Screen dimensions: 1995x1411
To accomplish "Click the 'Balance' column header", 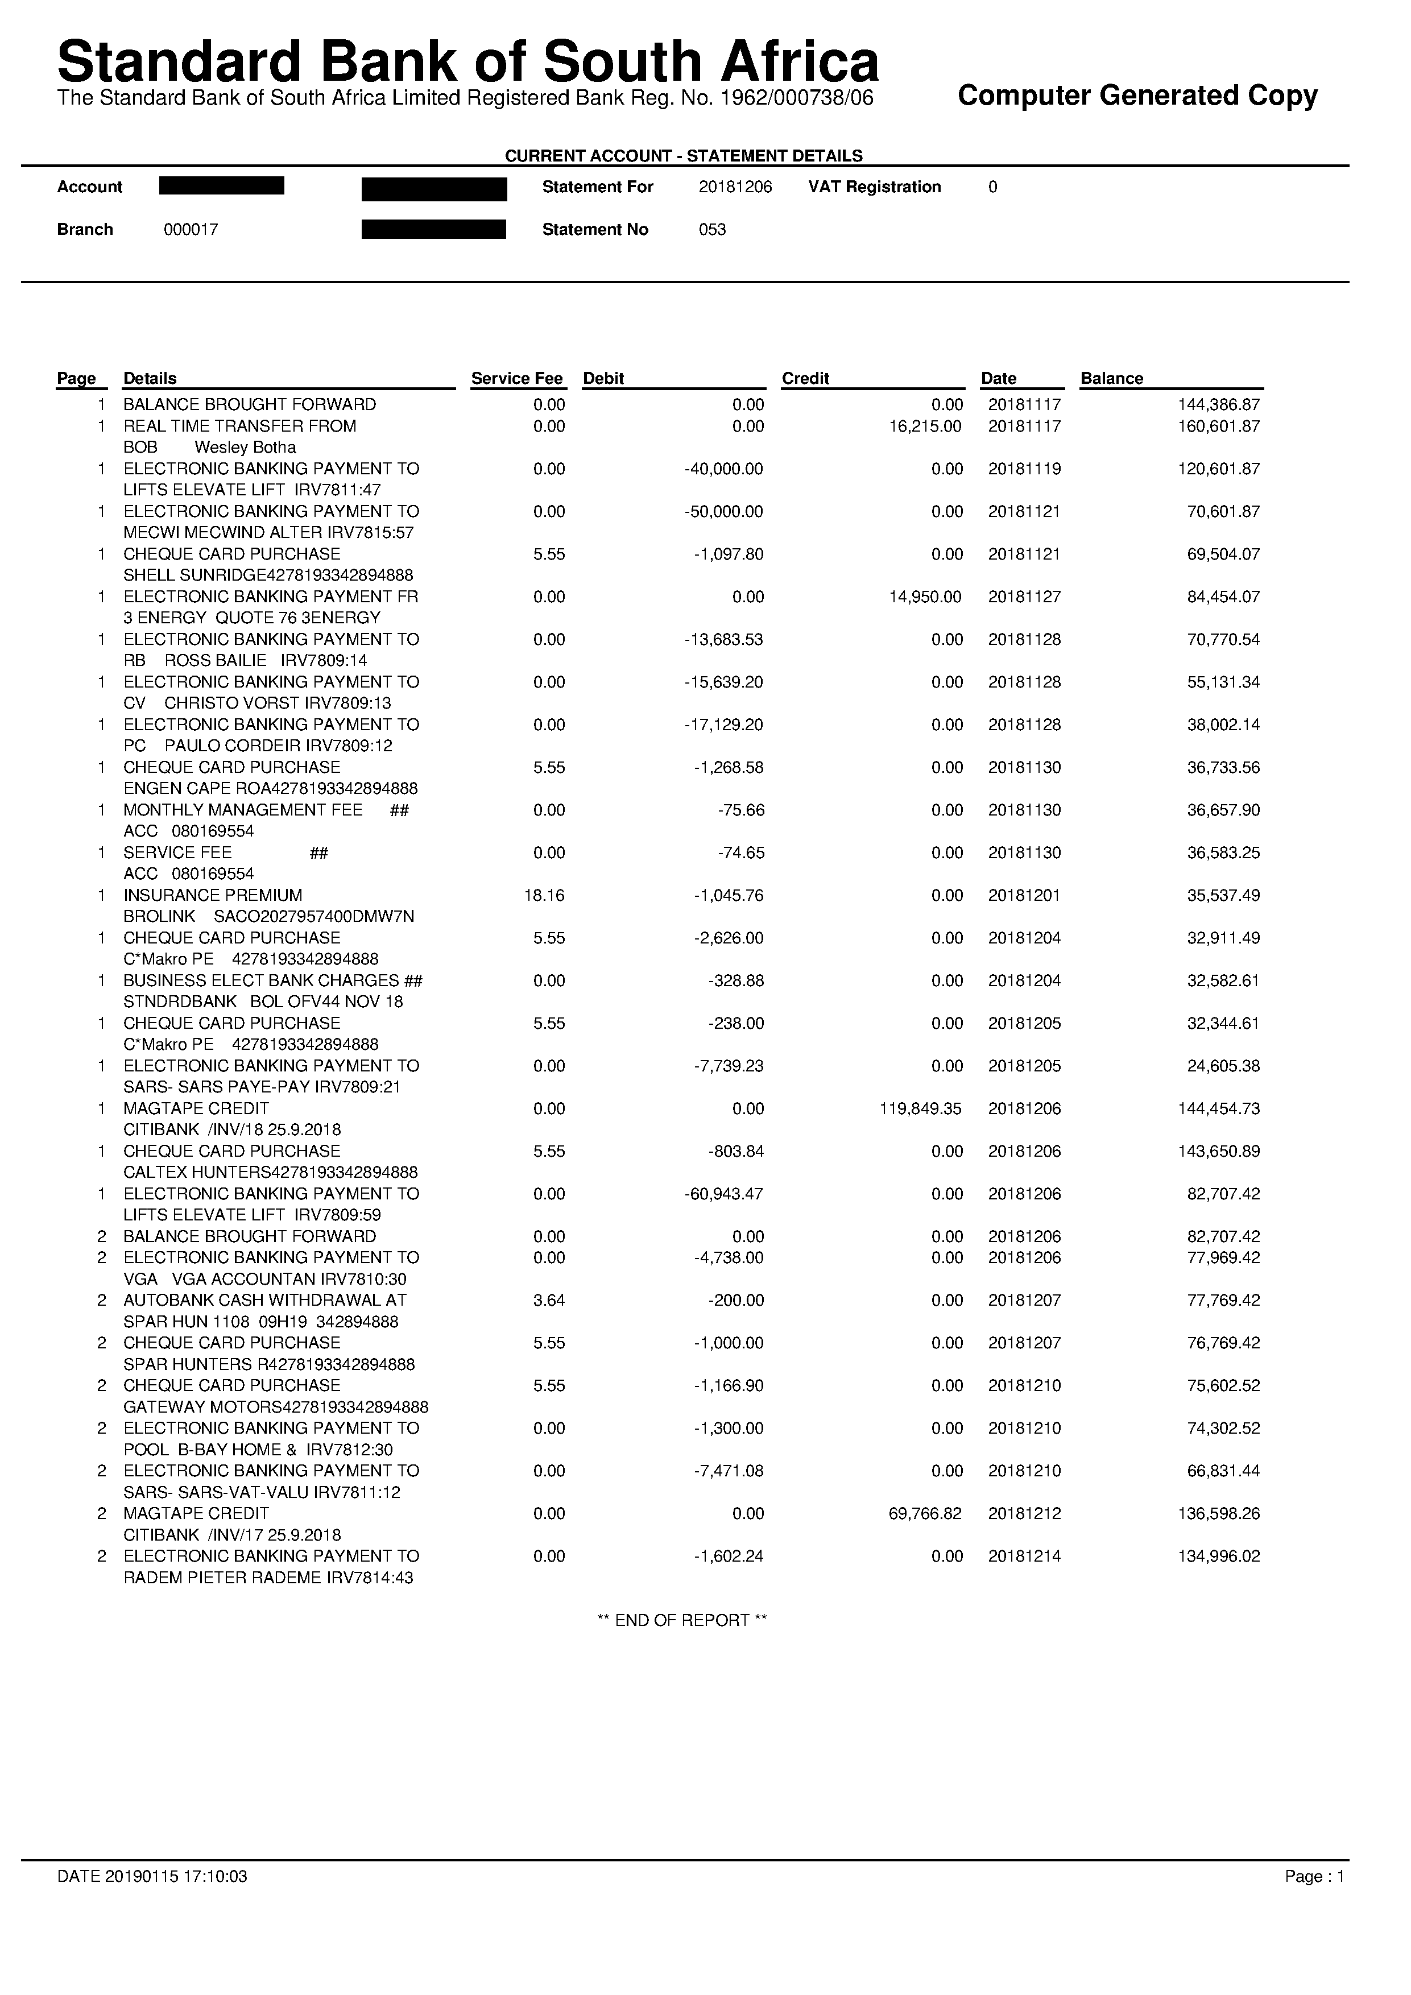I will (x=1111, y=378).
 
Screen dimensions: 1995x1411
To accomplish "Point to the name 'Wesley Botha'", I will (x=245, y=448).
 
